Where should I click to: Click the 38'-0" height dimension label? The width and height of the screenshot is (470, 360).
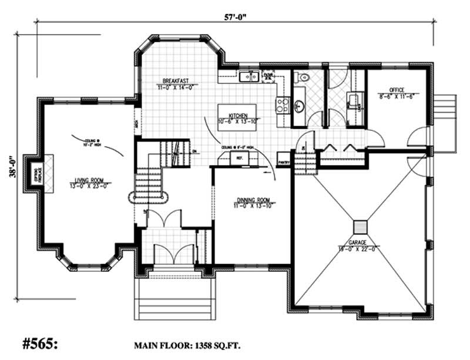(x=11, y=166)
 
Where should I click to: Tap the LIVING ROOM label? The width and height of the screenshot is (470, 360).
(x=89, y=183)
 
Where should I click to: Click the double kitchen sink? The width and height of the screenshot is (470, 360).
(x=250, y=76)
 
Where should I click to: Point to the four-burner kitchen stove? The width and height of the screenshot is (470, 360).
(x=281, y=105)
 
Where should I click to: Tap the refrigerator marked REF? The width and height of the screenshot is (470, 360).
(x=239, y=158)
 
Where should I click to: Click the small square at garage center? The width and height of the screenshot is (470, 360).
(x=359, y=227)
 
